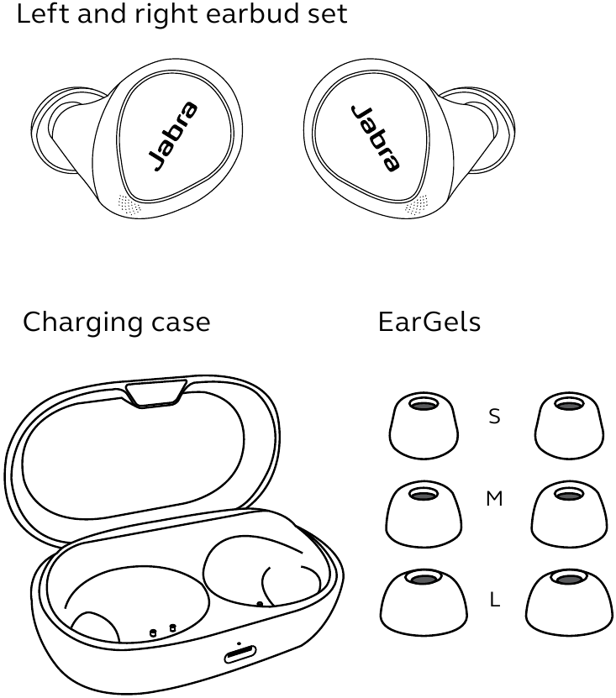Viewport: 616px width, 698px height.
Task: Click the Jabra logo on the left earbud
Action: tap(173, 136)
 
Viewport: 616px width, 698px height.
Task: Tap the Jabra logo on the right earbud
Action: tap(375, 138)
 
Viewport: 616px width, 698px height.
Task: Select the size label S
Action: tap(494, 417)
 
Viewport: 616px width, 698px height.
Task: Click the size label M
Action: tap(494, 499)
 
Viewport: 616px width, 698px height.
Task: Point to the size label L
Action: tap(495, 600)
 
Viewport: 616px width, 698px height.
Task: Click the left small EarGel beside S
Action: tap(424, 425)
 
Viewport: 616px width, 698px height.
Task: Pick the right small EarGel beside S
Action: tap(569, 425)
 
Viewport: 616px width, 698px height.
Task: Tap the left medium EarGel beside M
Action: tap(424, 513)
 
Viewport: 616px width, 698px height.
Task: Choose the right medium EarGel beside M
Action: tap(569, 513)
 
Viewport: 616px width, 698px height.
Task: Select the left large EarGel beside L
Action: tap(424, 602)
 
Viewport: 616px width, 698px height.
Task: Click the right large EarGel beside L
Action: tap(569, 602)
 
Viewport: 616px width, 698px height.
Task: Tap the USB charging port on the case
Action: tap(240, 655)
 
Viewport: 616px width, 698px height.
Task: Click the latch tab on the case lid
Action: tap(156, 393)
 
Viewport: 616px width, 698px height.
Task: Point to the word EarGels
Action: tap(429, 322)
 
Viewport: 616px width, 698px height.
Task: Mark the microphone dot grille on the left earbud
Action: tap(129, 205)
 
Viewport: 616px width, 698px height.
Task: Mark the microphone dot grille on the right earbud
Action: tap(417, 205)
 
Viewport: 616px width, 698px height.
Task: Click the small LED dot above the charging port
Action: tap(240, 643)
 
